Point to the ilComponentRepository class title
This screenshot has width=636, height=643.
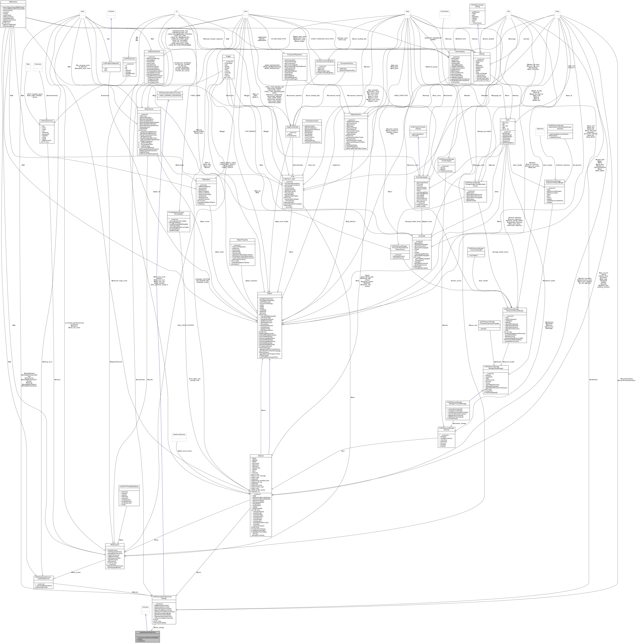point(294,54)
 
